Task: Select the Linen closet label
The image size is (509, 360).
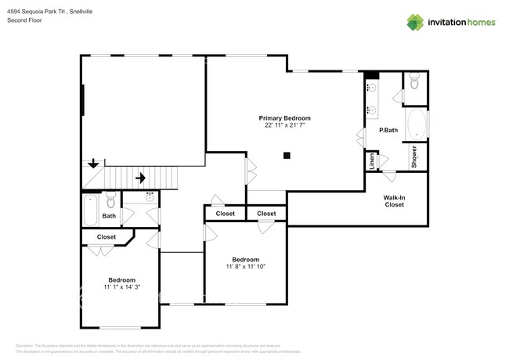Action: point(372,160)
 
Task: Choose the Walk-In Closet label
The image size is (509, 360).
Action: point(394,201)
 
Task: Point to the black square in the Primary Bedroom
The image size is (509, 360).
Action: point(287,155)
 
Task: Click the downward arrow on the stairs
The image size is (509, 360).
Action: point(93,164)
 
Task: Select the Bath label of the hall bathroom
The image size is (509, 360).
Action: point(109,216)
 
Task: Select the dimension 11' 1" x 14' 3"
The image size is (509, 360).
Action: point(121,287)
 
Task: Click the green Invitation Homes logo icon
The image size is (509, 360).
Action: point(415,23)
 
